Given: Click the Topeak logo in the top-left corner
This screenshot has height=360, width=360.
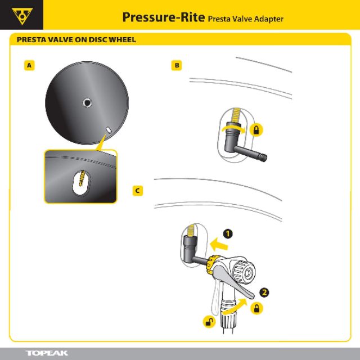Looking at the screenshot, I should point(22,15).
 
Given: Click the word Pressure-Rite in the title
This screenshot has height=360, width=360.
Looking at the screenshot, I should point(163,17).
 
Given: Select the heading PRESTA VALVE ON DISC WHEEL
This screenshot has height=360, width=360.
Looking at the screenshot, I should point(76,40).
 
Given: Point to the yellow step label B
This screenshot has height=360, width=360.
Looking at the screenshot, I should point(177,66).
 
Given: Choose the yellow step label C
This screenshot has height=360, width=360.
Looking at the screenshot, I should point(137,191).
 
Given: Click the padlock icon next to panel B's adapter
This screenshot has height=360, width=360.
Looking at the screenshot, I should point(257,130).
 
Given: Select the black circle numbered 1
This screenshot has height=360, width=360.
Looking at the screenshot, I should point(228,233).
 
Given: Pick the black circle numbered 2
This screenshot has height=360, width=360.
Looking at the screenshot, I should point(265,292).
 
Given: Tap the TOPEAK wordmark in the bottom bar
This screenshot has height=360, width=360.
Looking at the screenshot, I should point(47,353).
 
